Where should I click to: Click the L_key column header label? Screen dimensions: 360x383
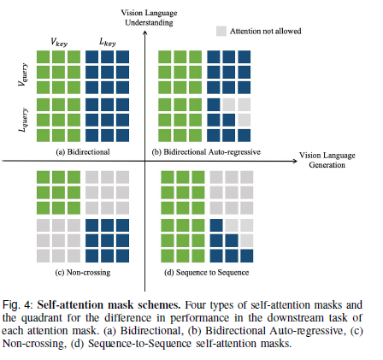pyautogui.click(x=104, y=40)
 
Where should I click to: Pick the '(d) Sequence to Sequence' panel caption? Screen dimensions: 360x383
pyautogui.click(x=205, y=272)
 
